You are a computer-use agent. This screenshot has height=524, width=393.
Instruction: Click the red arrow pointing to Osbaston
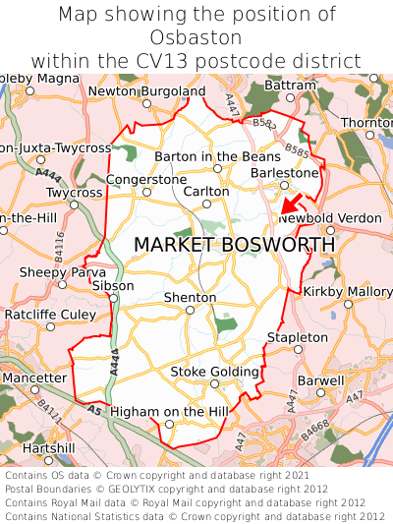(288, 204)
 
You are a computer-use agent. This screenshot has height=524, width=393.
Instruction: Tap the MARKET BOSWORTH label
(234, 244)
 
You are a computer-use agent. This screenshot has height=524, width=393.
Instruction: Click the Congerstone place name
(145, 180)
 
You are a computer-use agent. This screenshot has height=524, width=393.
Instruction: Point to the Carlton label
(206, 191)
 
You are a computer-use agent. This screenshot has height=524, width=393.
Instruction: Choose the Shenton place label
(190, 297)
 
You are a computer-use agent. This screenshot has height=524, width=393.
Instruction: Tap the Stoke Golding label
(215, 372)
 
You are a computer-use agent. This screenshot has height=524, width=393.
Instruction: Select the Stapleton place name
(298, 337)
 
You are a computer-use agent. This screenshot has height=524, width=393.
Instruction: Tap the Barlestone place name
(285, 172)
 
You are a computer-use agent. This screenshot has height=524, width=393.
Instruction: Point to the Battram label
(291, 86)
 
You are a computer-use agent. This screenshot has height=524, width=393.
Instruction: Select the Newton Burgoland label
(146, 91)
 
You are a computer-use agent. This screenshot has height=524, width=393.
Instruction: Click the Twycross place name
(74, 193)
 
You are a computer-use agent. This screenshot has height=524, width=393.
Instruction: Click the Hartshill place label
(48, 447)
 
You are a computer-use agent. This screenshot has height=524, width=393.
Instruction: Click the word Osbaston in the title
(196, 37)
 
